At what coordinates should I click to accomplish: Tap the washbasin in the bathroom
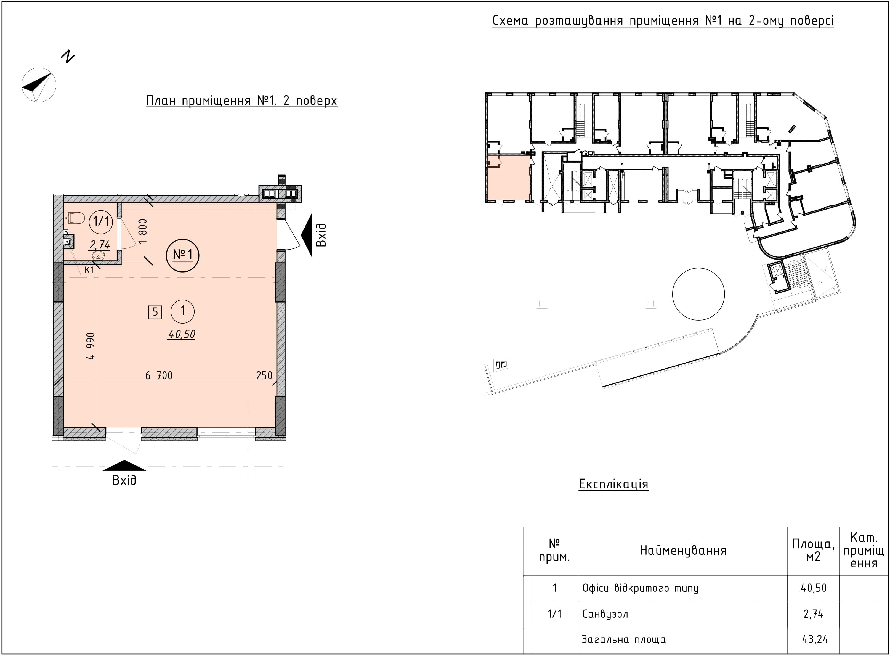click(98, 256)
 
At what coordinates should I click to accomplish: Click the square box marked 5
click(155, 312)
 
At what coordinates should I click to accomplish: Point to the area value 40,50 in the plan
click(182, 335)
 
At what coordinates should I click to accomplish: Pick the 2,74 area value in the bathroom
click(100, 245)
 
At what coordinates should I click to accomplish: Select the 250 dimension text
click(264, 375)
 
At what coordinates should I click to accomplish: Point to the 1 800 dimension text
click(143, 231)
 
